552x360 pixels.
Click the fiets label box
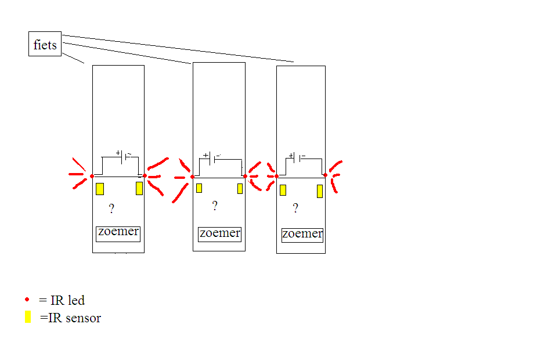[45, 44]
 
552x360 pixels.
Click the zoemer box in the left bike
[118, 233]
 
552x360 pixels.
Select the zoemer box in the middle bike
[219, 233]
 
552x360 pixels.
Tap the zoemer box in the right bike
[302, 235]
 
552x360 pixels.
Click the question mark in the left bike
[111, 209]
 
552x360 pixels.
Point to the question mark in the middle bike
[215, 206]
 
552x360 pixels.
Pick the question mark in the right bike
[295, 208]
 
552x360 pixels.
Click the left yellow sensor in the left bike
[100, 189]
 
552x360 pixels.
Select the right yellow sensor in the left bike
[139, 188]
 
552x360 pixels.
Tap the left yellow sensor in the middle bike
[199, 188]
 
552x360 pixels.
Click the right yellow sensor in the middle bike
[240, 189]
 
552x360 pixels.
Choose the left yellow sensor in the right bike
[283, 190]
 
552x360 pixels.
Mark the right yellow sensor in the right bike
[319, 191]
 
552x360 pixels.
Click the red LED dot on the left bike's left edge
[92, 176]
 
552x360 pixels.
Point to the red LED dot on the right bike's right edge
[325, 175]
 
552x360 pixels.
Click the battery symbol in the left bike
[124, 156]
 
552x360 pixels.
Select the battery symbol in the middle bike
[211, 157]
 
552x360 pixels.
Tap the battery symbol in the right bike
[295, 157]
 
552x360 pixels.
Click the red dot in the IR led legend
[27, 300]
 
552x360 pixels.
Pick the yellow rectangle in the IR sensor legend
[28, 317]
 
